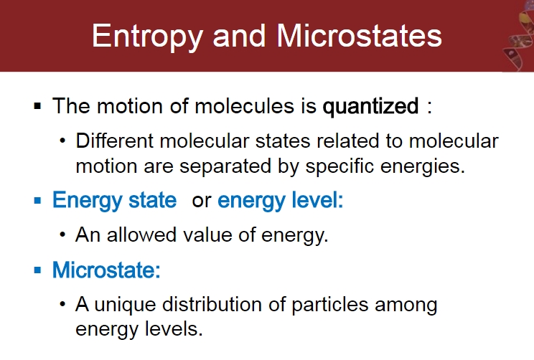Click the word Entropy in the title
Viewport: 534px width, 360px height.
tap(147, 37)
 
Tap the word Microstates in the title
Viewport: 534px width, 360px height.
tap(359, 35)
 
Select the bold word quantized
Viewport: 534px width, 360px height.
tap(370, 107)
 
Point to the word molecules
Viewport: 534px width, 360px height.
tap(244, 106)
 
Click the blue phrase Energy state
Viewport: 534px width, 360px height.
tap(114, 201)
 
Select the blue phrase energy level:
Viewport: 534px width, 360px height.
tap(281, 201)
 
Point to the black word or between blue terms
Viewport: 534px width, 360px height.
tap(202, 202)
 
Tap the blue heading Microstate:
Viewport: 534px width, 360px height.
tap(106, 270)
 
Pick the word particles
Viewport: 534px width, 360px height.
tap(330, 305)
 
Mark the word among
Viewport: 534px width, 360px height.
tap(406, 305)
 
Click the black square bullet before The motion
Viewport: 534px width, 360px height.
tap(37, 106)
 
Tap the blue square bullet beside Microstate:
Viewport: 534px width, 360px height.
tap(37, 270)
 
